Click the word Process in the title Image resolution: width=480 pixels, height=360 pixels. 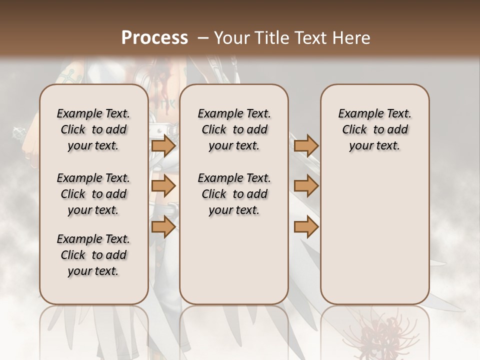pos(154,38)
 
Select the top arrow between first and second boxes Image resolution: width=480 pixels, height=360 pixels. pos(163,145)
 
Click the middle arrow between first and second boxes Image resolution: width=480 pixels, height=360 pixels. pos(163,186)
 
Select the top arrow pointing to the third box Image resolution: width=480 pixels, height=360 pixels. pos(306,145)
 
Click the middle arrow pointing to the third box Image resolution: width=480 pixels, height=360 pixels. pos(306,186)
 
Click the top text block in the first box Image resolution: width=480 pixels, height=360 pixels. pos(93,129)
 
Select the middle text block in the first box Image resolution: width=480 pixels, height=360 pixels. pos(93,194)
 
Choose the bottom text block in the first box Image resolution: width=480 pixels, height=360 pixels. pos(93,255)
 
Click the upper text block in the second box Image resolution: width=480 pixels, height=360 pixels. pos(234,129)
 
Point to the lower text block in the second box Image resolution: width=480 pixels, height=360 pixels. pos(234,194)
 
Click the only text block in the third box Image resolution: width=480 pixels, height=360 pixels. pos(374,129)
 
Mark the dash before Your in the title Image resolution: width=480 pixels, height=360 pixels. pos(202,38)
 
